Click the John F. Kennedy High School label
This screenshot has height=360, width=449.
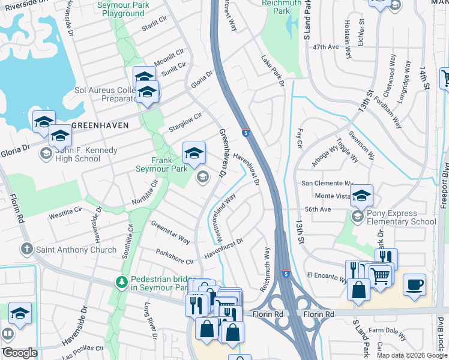tap(77, 154)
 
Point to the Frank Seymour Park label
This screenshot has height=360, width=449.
tap(169, 164)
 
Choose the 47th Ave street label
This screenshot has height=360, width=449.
tap(326, 46)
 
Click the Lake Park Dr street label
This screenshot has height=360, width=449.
tap(273, 71)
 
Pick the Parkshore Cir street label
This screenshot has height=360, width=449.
tap(175, 257)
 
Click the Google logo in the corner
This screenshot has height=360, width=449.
tap(20, 353)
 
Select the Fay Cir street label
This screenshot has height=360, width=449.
tap(299, 137)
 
